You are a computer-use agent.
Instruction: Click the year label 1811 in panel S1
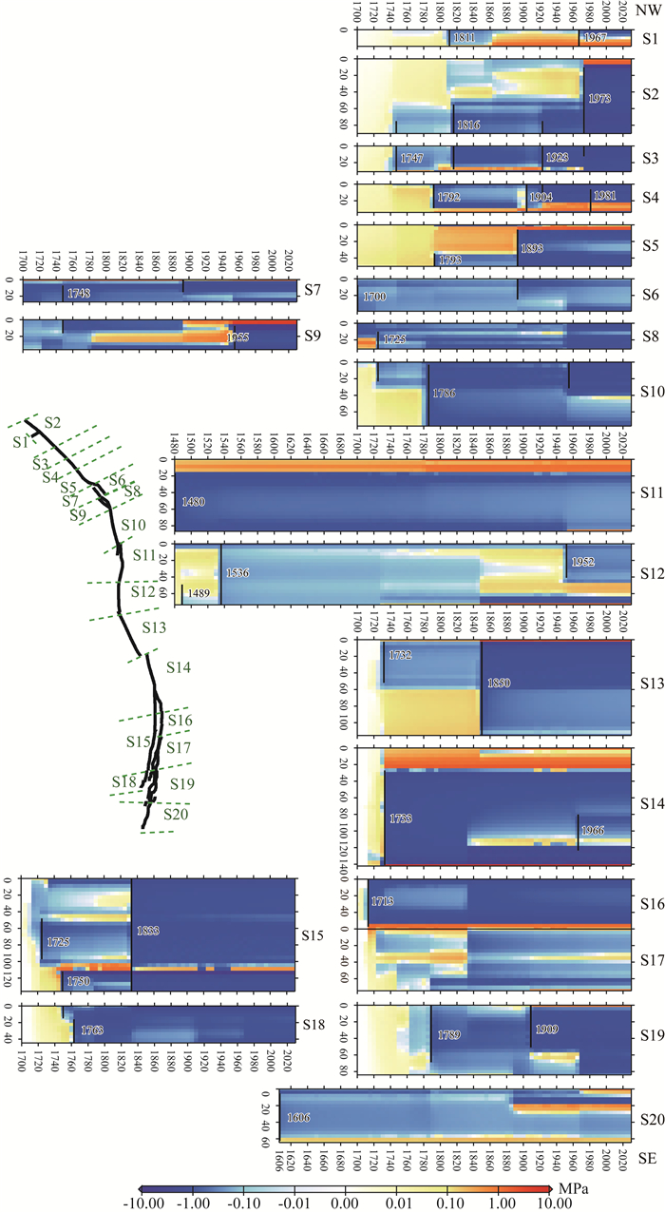[464, 38]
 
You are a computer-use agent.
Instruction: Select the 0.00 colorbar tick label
[344, 1203]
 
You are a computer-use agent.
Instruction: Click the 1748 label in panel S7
[81, 294]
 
